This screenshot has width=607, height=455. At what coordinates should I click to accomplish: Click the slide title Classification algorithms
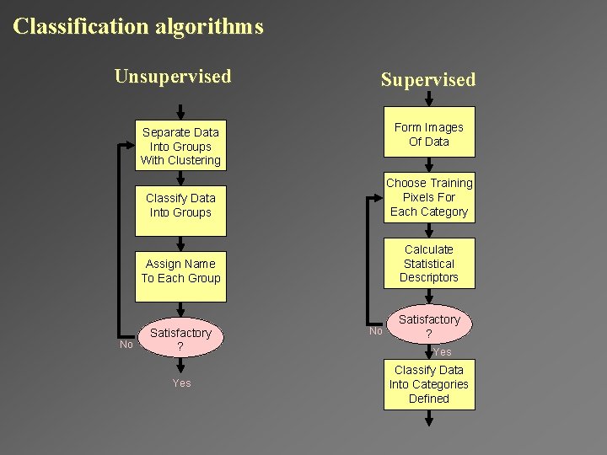point(138,26)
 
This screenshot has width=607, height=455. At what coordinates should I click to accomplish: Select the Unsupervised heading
point(173,77)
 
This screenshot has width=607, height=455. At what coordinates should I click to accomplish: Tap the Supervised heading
point(428,80)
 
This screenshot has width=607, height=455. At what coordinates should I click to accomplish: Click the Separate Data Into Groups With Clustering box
point(180,146)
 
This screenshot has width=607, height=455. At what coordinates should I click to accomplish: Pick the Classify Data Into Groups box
point(180,205)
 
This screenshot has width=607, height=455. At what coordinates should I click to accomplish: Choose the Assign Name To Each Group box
point(180,270)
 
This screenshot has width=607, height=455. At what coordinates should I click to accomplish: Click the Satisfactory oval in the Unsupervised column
point(180,340)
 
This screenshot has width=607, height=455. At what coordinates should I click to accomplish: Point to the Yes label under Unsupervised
point(181,383)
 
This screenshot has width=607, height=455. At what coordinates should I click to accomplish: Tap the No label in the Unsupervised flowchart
point(126,344)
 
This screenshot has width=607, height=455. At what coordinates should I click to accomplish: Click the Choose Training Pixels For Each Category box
point(429,198)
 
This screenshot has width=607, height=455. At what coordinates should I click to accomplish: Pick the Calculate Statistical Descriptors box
point(429,263)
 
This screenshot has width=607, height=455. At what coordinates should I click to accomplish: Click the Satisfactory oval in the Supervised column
point(429,324)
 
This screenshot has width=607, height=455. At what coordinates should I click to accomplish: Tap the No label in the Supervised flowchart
point(376,330)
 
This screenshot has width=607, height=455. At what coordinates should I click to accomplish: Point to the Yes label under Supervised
point(443,352)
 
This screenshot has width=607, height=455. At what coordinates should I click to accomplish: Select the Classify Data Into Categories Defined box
point(429,384)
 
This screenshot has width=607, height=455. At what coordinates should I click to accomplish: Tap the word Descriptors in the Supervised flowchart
point(429,277)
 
